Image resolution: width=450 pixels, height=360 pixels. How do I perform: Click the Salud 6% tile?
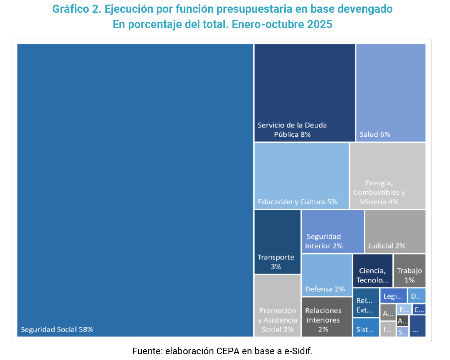pos(391,92)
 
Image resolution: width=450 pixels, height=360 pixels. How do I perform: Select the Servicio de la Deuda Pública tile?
pos(304,92)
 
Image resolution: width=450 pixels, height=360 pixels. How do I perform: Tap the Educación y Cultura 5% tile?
pos(301,176)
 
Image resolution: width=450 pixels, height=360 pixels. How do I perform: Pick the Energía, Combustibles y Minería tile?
pos(388,176)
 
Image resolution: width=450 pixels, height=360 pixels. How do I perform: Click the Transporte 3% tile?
pos(277,241)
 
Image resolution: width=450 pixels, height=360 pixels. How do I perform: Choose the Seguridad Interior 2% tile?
pos(332,231)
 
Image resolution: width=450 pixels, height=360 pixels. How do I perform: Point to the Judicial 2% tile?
pos(395,231)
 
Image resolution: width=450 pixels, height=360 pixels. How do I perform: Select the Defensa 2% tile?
pos(326,275)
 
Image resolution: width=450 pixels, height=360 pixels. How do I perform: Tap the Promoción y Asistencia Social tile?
pos(277,305)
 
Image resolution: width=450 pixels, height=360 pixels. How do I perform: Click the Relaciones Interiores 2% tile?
pos(326,317)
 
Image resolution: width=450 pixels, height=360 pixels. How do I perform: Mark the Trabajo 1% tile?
pos(409,270)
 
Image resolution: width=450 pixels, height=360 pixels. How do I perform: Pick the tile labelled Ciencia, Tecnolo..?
pos(373,270)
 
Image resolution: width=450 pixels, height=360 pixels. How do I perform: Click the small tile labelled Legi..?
pos(393,296)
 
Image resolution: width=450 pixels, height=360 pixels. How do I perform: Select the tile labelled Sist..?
pos(366,328)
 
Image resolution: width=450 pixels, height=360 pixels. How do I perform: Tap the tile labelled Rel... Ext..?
pos(366,303)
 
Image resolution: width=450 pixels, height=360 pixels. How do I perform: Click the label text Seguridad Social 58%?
pos(57,330)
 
